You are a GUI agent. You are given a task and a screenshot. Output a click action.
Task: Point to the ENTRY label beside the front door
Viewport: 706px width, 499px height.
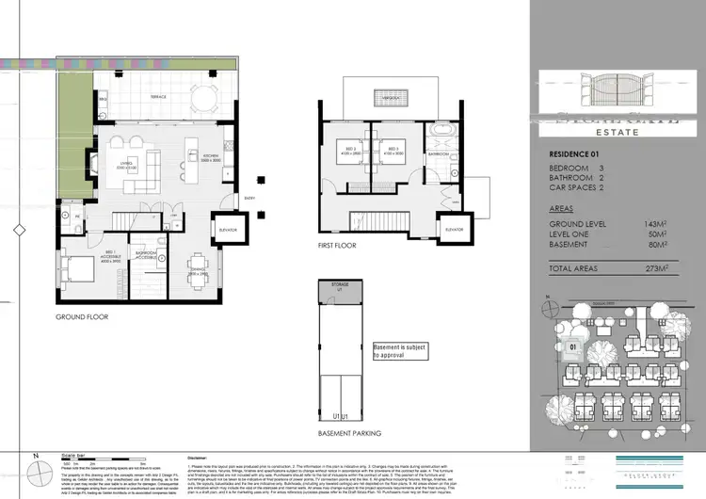point(249,198)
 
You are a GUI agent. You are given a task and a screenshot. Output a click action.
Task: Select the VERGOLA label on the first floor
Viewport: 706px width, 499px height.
point(374,97)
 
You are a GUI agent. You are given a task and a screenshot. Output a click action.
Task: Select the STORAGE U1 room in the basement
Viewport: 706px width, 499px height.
point(340,286)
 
